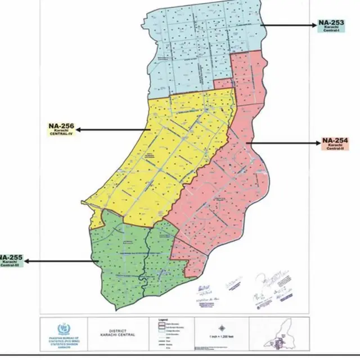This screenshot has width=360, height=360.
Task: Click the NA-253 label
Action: tap(331, 23)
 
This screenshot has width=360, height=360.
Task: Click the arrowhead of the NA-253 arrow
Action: tap(263, 25)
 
